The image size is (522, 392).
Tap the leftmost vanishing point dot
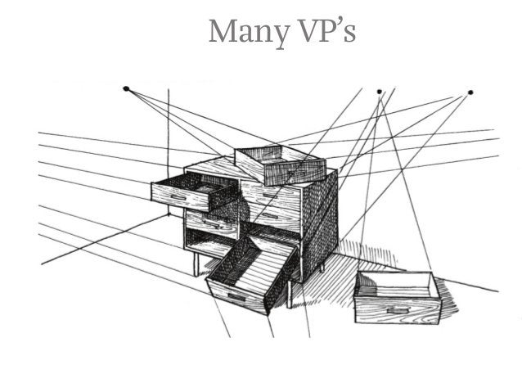[x=126, y=88]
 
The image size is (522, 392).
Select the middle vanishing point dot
[x=379, y=91]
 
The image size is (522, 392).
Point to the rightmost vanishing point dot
[x=470, y=92]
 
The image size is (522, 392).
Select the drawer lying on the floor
[x=398, y=298]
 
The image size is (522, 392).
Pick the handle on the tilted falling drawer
[x=235, y=295]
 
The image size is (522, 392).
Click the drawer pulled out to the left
[x=192, y=191]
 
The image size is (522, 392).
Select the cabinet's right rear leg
[x=322, y=267]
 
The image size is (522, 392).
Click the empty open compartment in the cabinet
[x=213, y=242]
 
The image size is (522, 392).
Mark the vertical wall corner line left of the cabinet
[x=168, y=155]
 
